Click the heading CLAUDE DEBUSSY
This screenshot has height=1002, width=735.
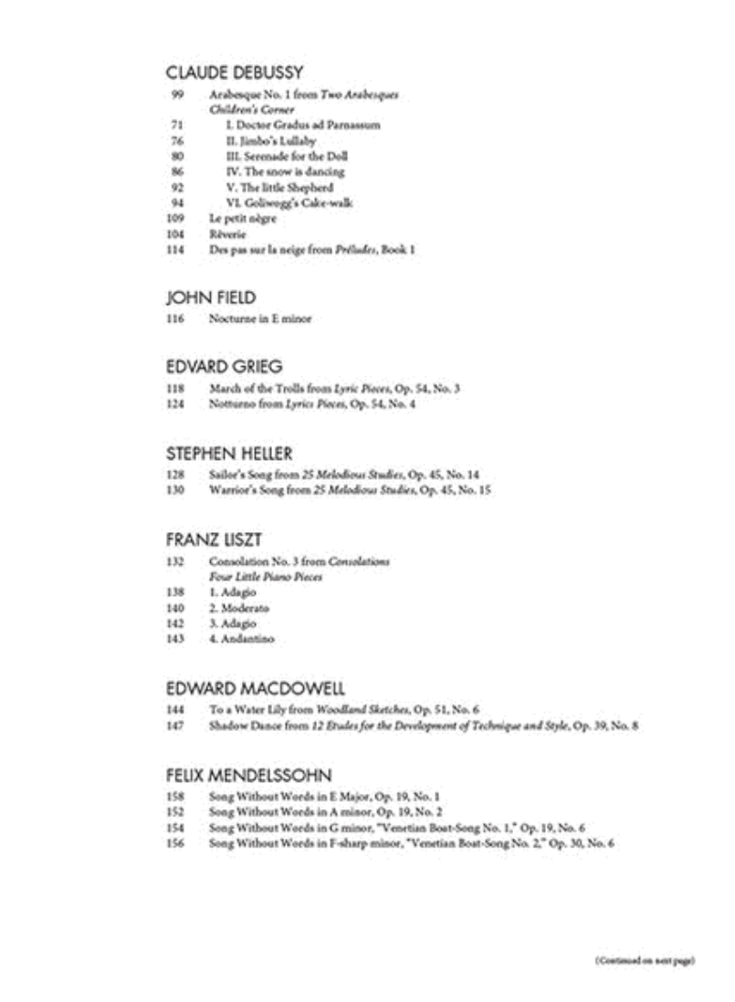coord(234,72)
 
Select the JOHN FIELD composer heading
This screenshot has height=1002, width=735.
coord(211,297)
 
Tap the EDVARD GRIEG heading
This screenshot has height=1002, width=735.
coord(225,366)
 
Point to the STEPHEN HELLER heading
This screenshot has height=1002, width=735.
coord(229,454)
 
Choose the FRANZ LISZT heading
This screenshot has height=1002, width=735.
coord(215,539)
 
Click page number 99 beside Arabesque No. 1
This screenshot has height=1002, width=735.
coord(177,94)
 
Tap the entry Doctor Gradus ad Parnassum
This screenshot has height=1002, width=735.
coord(303,125)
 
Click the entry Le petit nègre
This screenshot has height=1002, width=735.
coord(242,219)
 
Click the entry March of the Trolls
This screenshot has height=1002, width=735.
coord(334,388)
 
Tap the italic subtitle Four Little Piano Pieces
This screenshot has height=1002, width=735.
coord(265,577)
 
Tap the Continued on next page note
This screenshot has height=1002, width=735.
coord(645,960)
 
